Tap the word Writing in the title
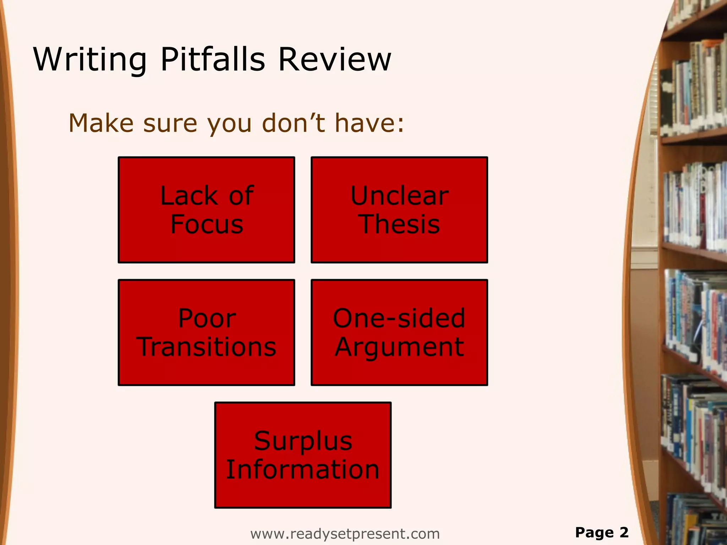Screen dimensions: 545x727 (x=90, y=60)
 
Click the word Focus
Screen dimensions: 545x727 (x=207, y=224)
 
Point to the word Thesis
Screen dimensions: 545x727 (x=400, y=224)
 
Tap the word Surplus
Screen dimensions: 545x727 (x=303, y=441)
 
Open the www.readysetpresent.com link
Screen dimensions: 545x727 (x=345, y=534)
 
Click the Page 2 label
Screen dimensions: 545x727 (x=602, y=532)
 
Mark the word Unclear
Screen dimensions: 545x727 (x=399, y=196)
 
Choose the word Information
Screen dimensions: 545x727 (x=303, y=469)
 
